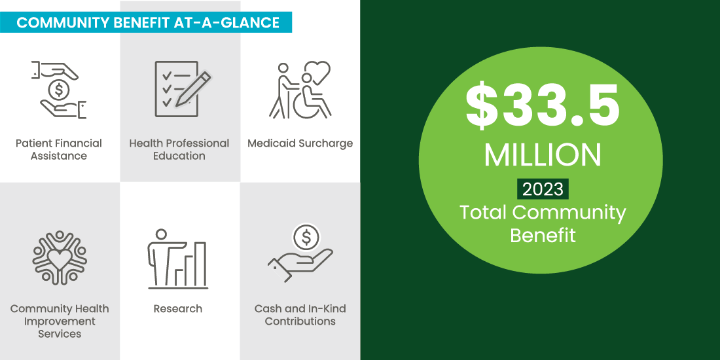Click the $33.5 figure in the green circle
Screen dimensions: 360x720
(542, 106)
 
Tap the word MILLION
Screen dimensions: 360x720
(542, 154)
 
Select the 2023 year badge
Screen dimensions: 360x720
(542, 189)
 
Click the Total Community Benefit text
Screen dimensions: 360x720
(542, 223)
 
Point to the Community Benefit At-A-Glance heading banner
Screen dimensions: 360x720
(148, 23)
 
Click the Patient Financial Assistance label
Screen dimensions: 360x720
(59, 149)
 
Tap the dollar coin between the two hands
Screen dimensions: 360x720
(59, 88)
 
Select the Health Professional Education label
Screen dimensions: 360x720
(179, 149)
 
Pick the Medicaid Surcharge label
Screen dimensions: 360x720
(300, 143)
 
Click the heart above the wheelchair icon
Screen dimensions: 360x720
(319, 71)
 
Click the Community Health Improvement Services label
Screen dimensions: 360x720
(60, 321)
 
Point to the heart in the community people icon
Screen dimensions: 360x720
(60, 259)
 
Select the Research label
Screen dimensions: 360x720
(178, 308)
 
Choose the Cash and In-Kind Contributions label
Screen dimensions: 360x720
(300, 315)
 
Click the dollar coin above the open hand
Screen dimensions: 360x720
(306, 236)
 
